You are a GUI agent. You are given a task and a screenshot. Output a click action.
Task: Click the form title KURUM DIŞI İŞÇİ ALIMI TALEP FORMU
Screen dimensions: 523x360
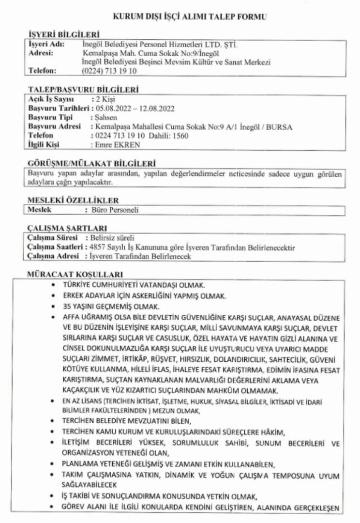click(190, 17)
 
